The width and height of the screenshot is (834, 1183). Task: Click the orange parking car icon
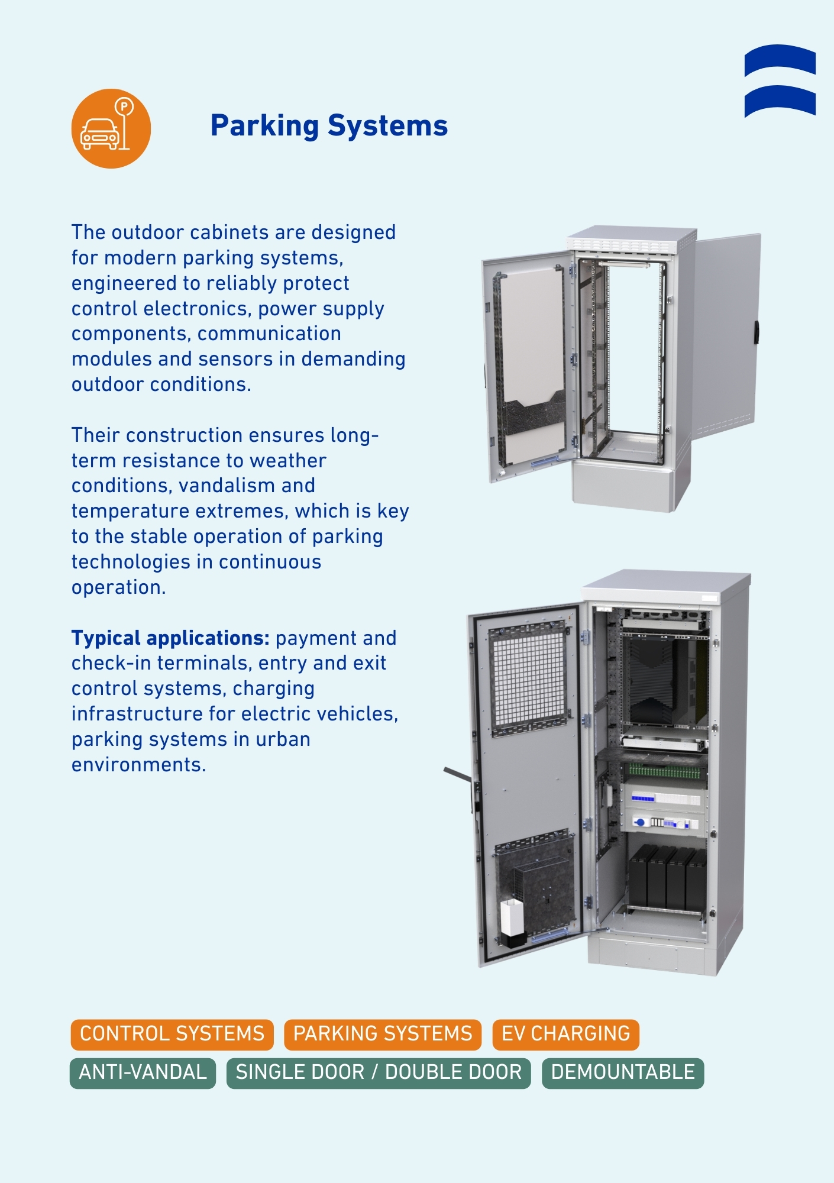click(111, 128)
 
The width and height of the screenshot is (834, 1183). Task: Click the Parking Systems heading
click(329, 125)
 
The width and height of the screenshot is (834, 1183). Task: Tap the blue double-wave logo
click(780, 80)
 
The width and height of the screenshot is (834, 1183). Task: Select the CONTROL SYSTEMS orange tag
click(172, 1034)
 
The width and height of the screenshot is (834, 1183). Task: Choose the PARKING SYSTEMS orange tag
click(383, 1034)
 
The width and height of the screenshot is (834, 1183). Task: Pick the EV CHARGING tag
click(565, 1034)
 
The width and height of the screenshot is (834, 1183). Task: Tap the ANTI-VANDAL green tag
click(143, 1072)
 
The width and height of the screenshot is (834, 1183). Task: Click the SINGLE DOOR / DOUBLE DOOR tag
click(379, 1072)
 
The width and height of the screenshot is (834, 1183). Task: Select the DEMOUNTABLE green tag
click(623, 1072)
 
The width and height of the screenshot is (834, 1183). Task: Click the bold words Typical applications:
click(170, 638)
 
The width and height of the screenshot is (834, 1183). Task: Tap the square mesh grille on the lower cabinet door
click(528, 677)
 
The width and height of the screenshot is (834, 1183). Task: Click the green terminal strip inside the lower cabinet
click(664, 771)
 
